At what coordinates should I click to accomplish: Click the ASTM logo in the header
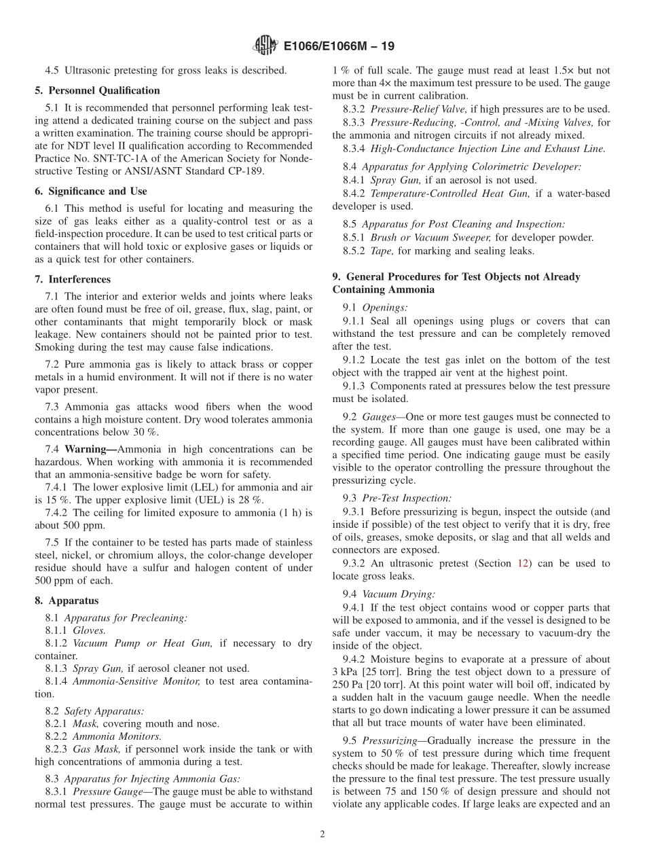(265, 46)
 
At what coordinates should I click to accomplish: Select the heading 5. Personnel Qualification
(97, 90)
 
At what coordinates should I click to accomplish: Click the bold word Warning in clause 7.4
(86, 449)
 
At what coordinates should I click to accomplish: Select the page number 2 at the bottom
(322, 835)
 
